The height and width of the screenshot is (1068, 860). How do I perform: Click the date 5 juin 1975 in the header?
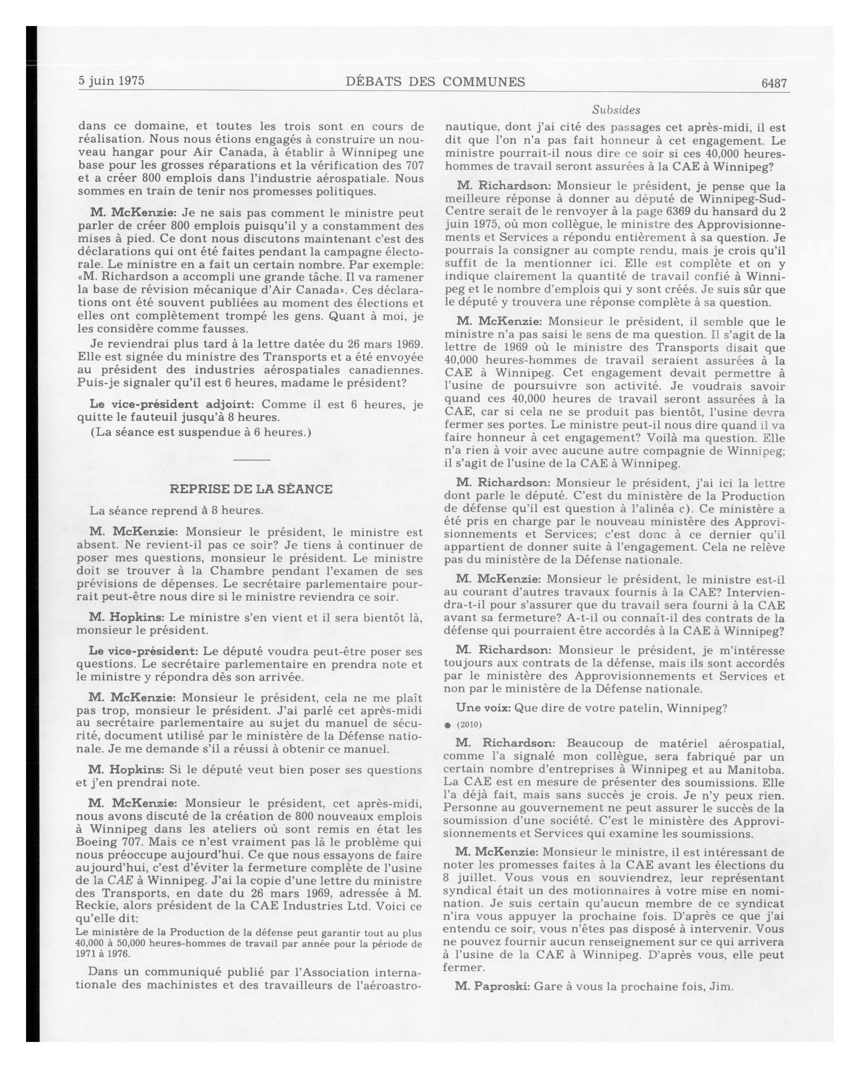pyautogui.click(x=112, y=81)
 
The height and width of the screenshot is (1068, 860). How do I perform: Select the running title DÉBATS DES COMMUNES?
pyautogui.click(x=435, y=82)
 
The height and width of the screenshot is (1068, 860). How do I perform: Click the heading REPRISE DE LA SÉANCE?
pyautogui.click(x=251, y=489)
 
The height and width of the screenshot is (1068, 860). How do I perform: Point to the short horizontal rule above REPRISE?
pyautogui.click(x=251, y=460)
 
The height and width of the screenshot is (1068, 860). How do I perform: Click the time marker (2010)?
pyautogui.click(x=469, y=725)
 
